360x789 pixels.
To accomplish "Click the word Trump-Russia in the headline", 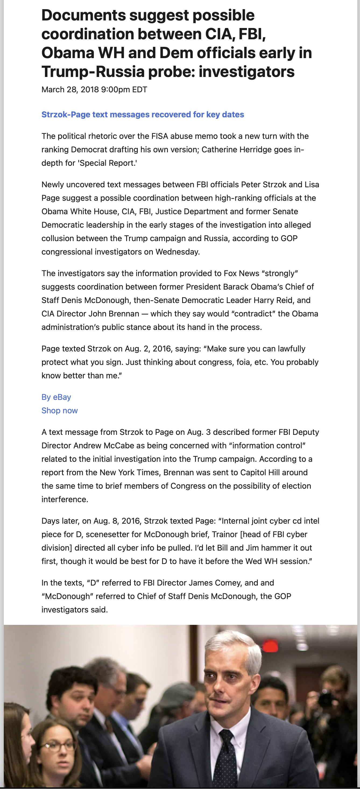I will [x=93, y=72].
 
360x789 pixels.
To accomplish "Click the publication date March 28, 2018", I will [x=70, y=89].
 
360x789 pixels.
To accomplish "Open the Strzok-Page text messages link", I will [x=143, y=115].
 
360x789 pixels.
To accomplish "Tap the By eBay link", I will [x=56, y=397].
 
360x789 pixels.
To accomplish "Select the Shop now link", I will [x=60, y=410].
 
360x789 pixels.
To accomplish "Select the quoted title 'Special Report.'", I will [x=108, y=163].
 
